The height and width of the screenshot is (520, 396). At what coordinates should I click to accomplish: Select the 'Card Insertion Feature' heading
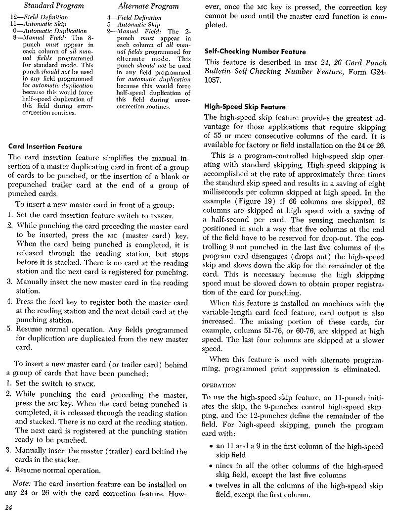tap(45, 146)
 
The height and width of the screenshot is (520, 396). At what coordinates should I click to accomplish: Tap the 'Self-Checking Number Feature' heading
tap(255, 51)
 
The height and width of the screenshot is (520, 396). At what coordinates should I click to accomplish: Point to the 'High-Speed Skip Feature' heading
tap(245, 107)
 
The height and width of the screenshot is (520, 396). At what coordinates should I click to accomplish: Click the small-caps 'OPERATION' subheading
tap(220, 385)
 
